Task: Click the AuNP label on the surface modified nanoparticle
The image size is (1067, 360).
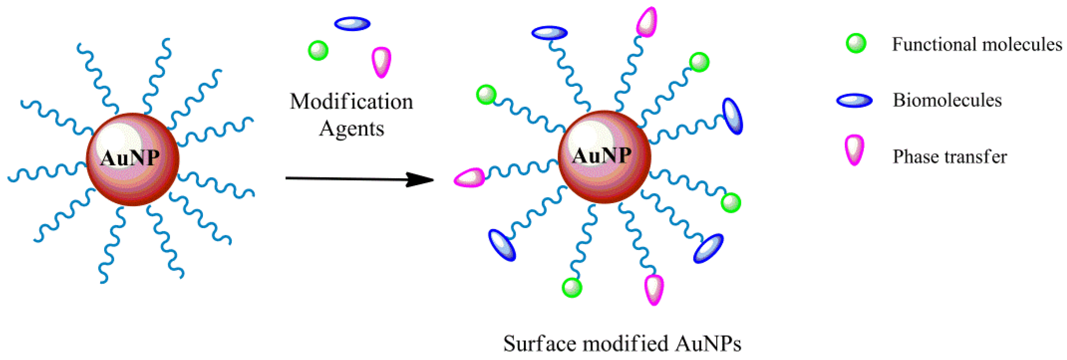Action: coord(601,156)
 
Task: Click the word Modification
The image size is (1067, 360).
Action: coord(351,102)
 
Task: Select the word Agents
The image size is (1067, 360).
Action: coord(352,128)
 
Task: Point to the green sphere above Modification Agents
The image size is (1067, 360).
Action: coord(318,50)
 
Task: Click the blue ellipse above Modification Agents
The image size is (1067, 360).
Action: coord(352,24)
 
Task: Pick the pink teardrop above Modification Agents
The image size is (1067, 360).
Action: coord(381,61)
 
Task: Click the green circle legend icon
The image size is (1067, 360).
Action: coord(856,43)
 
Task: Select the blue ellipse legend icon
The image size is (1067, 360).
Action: coord(854,100)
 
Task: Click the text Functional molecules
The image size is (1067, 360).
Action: coord(977,44)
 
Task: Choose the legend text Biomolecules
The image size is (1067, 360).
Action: coord(947,100)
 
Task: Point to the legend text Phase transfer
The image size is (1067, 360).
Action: coord(949,156)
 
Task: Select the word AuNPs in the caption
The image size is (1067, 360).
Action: coord(707,344)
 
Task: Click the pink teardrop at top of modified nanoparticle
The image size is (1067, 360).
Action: coord(647,22)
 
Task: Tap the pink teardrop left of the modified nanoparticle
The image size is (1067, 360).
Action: coord(470,178)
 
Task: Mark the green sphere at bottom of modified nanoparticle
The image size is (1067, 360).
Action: coord(572,287)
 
